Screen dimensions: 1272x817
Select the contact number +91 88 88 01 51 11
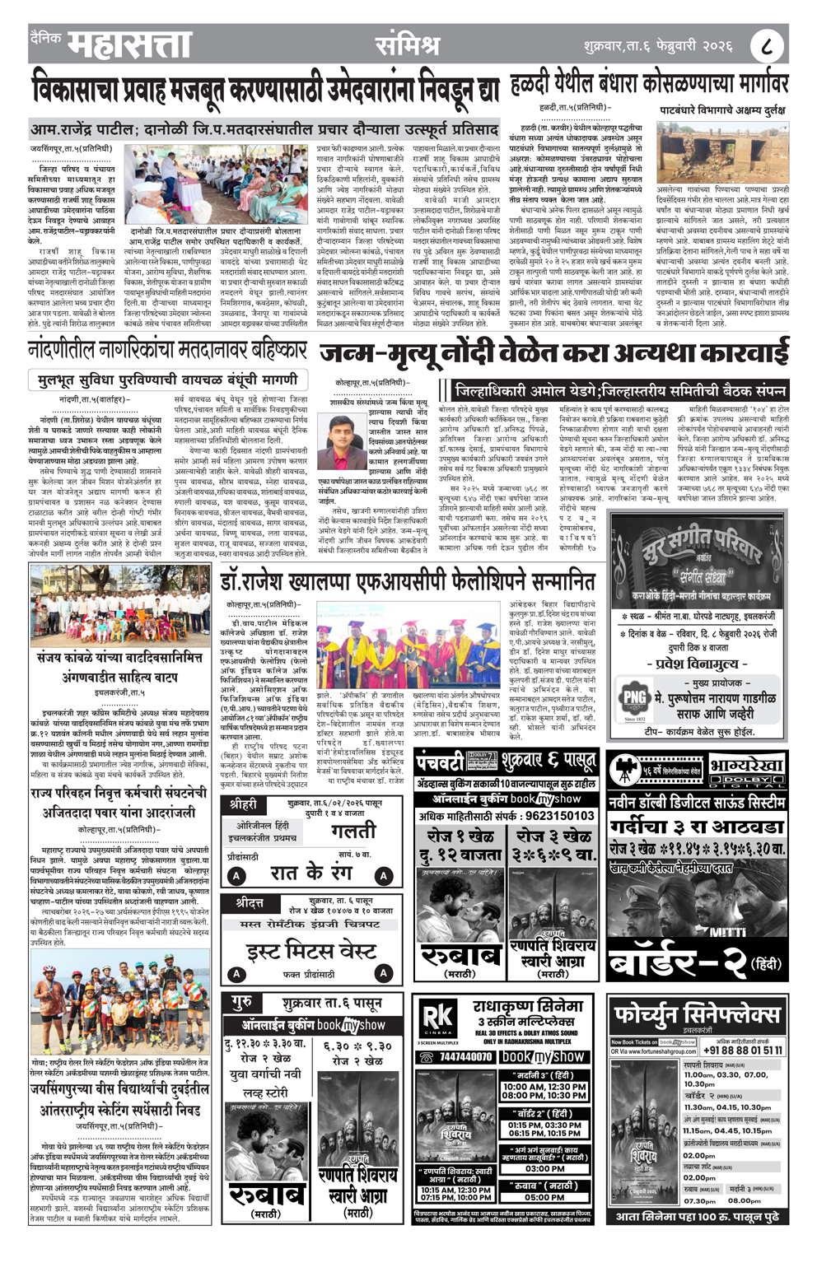point(742,1050)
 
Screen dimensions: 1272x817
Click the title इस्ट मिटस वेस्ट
point(311,952)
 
